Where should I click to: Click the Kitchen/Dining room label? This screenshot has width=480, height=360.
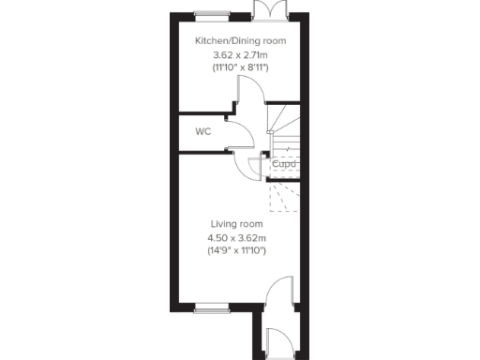click(x=240, y=41)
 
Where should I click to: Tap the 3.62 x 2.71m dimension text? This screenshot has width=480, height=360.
click(x=240, y=55)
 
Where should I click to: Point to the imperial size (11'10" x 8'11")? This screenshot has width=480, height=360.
click(x=240, y=69)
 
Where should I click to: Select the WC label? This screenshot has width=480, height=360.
click(x=202, y=132)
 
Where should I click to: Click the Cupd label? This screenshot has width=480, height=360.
click(x=284, y=165)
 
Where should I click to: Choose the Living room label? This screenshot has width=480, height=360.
click(x=236, y=224)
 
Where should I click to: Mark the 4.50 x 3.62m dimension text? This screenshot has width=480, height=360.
click(x=236, y=238)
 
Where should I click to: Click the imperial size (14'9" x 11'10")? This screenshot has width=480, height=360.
click(x=236, y=251)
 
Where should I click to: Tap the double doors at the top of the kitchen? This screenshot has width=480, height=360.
click(x=265, y=8)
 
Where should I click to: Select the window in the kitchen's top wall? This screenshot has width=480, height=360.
click(x=213, y=13)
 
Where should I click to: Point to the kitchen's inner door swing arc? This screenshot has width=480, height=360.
click(x=251, y=91)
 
